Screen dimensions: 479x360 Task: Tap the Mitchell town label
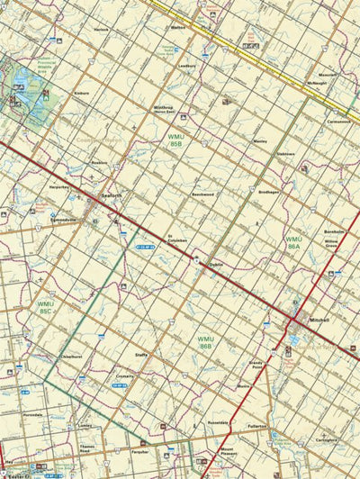tap(319, 320)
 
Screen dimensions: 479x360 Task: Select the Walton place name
tap(177, 28)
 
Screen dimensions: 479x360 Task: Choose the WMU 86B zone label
tap(205, 342)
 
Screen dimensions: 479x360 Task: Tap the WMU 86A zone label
tap(293, 242)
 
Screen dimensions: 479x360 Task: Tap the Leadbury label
tap(187, 66)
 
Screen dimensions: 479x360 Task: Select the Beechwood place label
tap(202, 194)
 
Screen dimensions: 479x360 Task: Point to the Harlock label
tap(101, 30)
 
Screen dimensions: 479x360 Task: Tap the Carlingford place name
tap(327, 440)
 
